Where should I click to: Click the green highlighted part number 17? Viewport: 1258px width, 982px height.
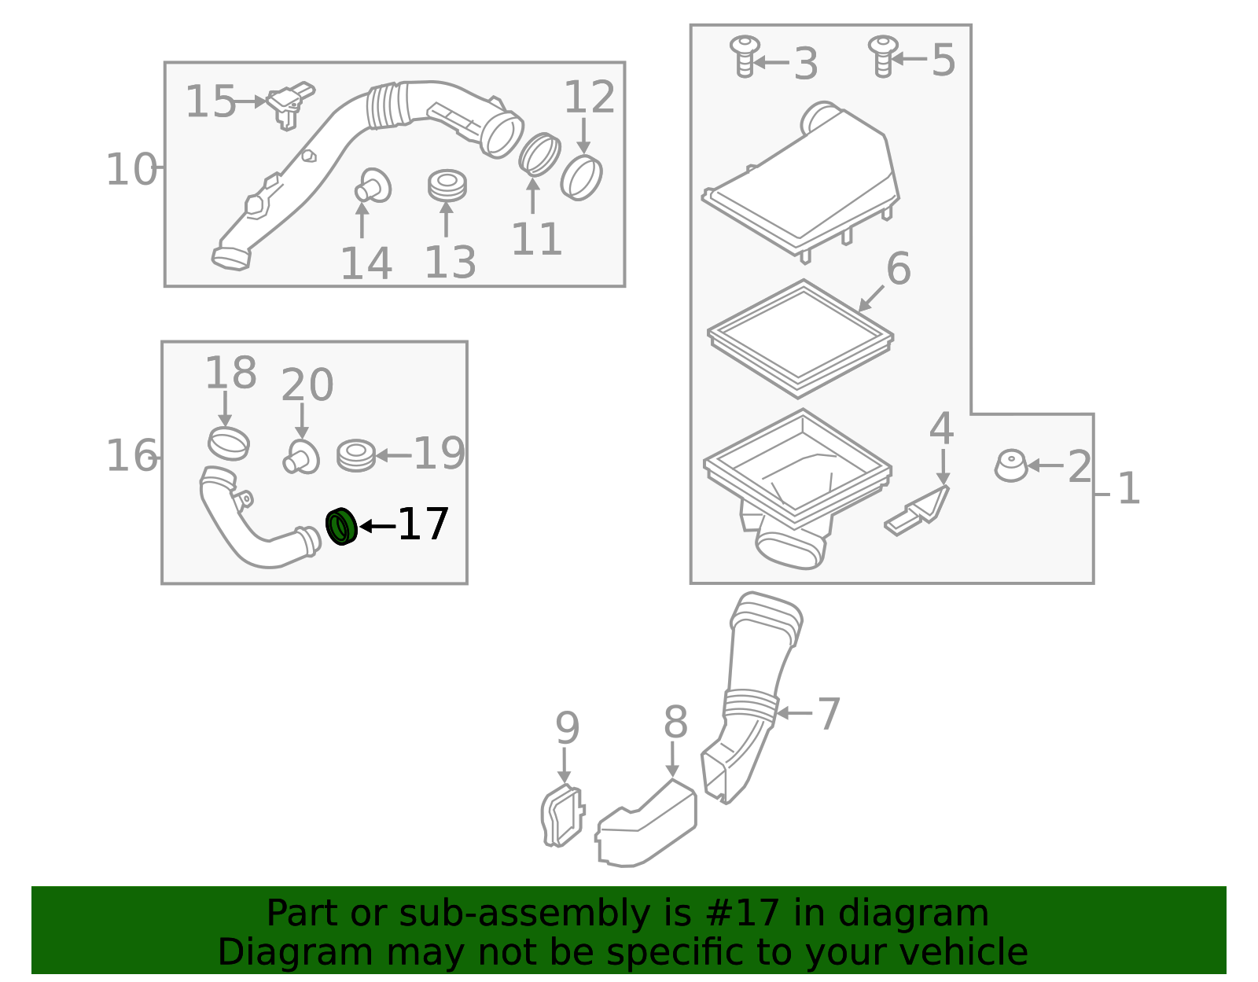click(x=341, y=526)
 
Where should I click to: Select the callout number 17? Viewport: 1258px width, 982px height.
click(x=423, y=524)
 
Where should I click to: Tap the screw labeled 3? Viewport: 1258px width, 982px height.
click(x=745, y=56)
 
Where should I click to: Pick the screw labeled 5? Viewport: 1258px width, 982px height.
click(x=883, y=56)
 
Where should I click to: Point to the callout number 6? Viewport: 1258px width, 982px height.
click(x=899, y=269)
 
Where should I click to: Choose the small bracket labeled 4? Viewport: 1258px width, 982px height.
click(x=917, y=511)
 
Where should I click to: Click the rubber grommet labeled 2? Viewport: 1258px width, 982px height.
click(x=1011, y=465)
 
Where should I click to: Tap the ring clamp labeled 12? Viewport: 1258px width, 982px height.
click(x=581, y=177)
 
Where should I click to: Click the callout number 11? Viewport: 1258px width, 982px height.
click(x=537, y=239)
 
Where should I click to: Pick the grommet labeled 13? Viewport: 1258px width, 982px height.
click(x=447, y=186)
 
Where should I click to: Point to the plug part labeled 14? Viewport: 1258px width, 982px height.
click(x=373, y=186)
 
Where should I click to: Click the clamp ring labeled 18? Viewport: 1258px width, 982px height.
click(x=229, y=443)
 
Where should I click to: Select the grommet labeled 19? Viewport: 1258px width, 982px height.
click(x=356, y=456)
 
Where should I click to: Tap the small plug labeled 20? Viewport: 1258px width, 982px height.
click(x=301, y=457)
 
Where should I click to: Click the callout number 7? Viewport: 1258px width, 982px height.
click(x=829, y=714)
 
